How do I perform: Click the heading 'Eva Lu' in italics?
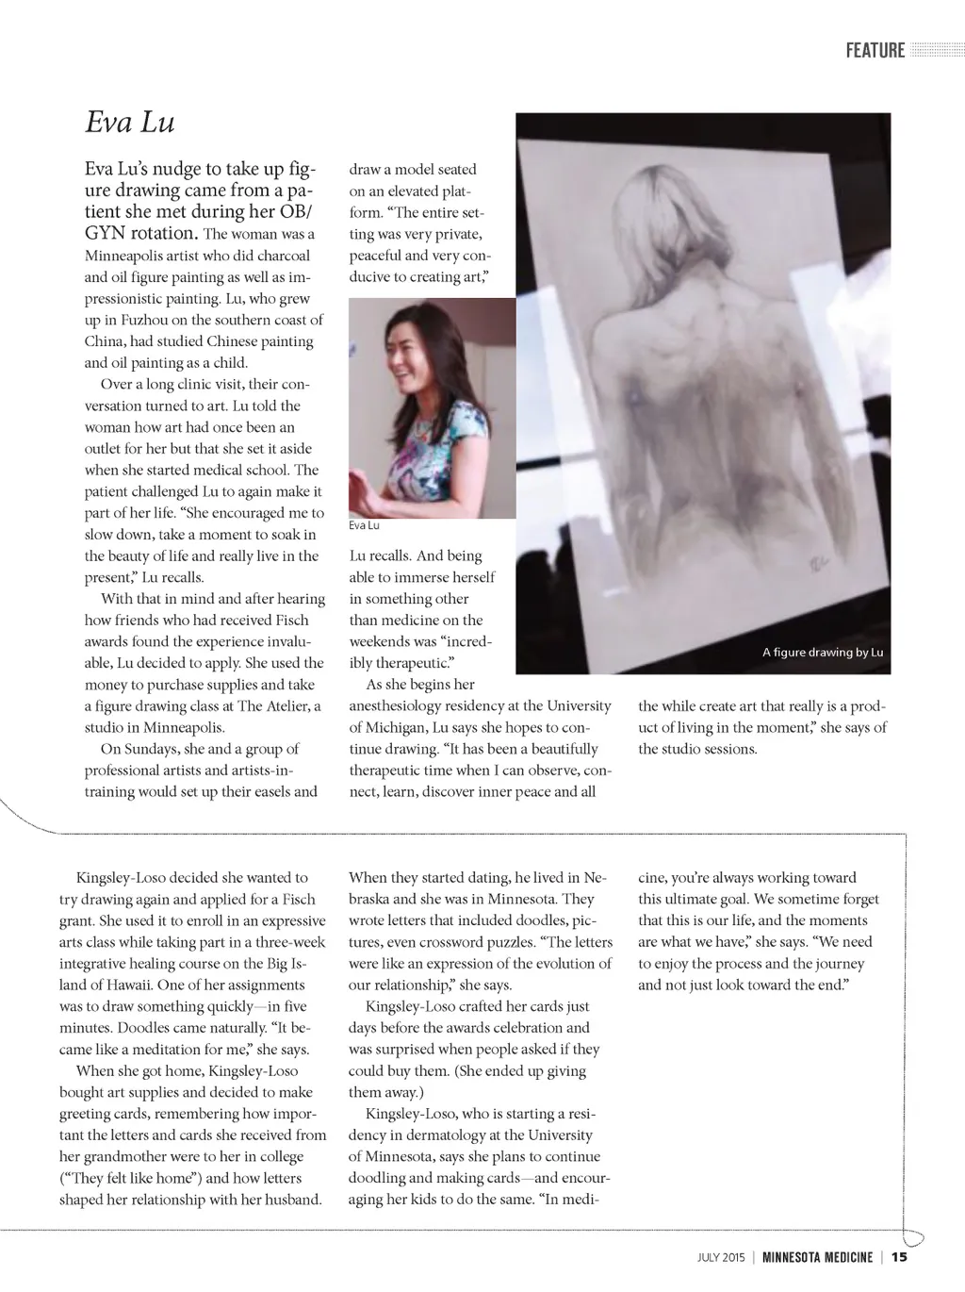tap(130, 123)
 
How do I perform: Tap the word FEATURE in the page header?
tap(875, 51)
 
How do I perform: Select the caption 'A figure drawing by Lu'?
tap(823, 653)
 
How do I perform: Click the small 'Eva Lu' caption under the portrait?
tap(363, 525)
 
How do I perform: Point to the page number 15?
tap(899, 1257)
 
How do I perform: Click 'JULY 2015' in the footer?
tap(721, 1257)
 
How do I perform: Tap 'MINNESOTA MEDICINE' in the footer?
tap(817, 1257)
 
